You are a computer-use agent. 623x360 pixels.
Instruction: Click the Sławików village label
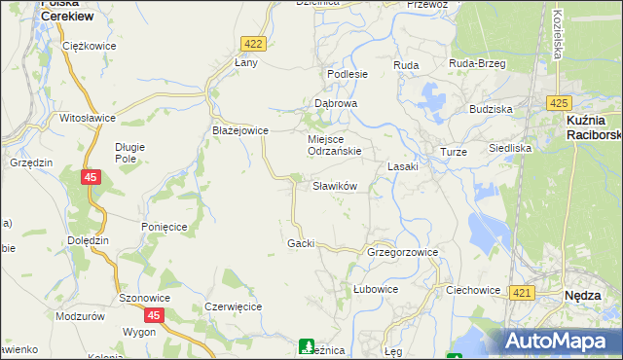click(x=335, y=186)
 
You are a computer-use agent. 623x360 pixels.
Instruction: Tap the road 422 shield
click(x=253, y=44)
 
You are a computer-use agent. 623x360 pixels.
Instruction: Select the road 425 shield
click(x=558, y=103)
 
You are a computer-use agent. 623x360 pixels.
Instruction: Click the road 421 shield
click(x=522, y=293)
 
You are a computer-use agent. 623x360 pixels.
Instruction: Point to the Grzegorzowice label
click(x=402, y=252)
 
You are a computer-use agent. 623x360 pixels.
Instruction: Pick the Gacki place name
click(x=301, y=243)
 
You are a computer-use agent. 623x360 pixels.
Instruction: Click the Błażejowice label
click(x=240, y=129)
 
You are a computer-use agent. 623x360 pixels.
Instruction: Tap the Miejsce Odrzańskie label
click(x=335, y=145)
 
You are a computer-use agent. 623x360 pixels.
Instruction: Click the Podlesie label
click(x=348, y=74)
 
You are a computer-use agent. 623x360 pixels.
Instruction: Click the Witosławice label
click(x=88, y=117)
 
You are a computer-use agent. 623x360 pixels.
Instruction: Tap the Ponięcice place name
click(x=164, y=226)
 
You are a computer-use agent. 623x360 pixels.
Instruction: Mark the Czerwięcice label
click(x=233, y=306)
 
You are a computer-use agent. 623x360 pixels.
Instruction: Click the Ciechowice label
click(x=473, y=290)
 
